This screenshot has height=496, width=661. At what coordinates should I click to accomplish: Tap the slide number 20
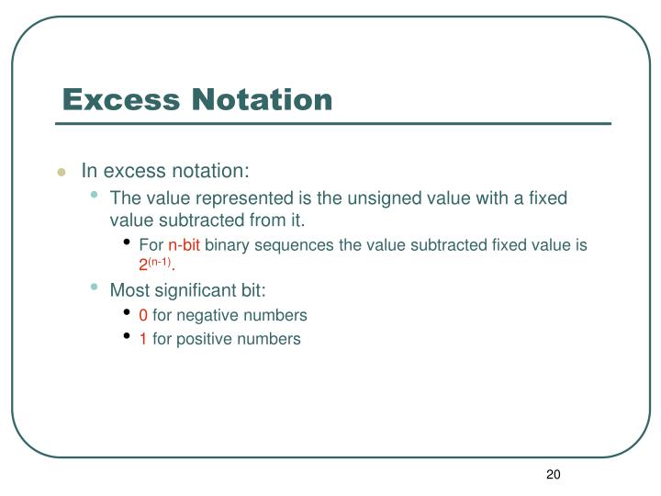pyautogui.click(x=553, y=474)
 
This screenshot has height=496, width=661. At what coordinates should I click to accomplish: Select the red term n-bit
pyautogui.click(x=184, y=245)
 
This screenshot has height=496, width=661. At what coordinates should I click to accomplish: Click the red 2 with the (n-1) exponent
pyautogui.click(x=143, y=265)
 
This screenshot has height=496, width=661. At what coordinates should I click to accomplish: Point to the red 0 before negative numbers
pyautogui.click(x=143, y=315)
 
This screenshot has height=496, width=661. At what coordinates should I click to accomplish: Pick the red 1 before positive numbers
pyautogui.click(x=143, y=339)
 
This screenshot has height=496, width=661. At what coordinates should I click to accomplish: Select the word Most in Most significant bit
pyautogui.click(x=128, y=290)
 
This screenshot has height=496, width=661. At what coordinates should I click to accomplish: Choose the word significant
pyautogui.click(x=191, y=290)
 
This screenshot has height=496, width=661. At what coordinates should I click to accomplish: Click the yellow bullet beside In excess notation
pyautogui.click(x=62, y=172)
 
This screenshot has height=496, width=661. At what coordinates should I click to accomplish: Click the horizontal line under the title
pyautogui.click(x=332, y=123)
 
